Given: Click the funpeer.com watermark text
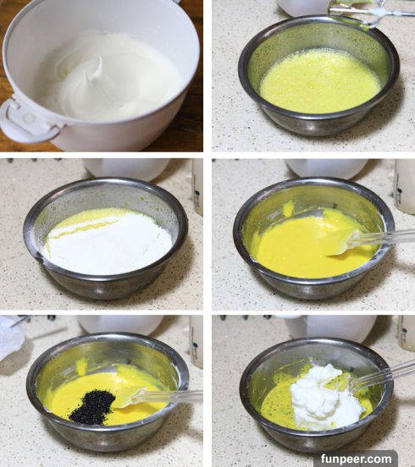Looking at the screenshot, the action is [357, 459].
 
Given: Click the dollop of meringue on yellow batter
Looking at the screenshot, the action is [326, 397].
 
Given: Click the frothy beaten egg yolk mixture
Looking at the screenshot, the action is [319, 81].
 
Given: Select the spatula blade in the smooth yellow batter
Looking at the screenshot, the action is [340, 243].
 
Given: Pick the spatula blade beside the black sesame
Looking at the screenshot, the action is [129, 397].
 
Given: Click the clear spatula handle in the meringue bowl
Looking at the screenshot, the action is [385, 376].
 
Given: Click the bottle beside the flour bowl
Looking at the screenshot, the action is [197, 187].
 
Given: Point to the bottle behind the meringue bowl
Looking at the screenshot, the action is [407, 332].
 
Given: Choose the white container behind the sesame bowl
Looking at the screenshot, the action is [120, 325].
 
